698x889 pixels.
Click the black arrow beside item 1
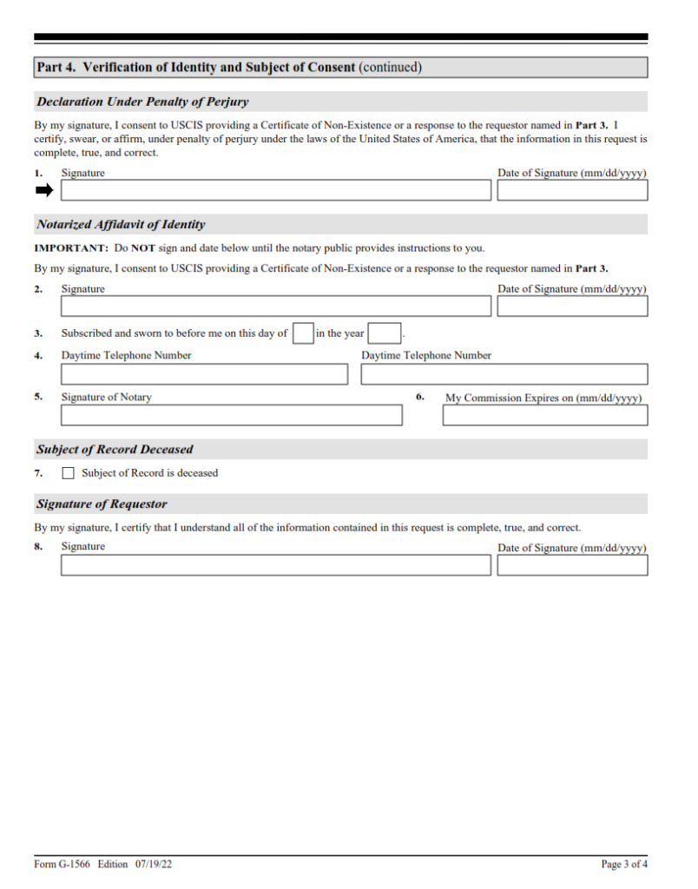coord(43,190)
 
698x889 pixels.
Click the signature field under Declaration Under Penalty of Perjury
coord(275,190)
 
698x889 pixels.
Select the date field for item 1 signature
coord(572,190)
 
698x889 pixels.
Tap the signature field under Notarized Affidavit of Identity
coord(275,306)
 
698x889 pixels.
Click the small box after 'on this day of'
coord(303,333)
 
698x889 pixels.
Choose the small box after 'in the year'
coord(384,333)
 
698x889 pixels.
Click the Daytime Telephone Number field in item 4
coord(204,374)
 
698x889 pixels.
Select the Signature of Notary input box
coord(231,415)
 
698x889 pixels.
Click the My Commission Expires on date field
coord(544,415)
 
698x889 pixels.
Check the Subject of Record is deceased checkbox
coord(69,473)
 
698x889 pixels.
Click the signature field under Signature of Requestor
coord(275,565)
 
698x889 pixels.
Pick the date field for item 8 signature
coord(572,565)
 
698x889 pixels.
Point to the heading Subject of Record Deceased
coord(115,450)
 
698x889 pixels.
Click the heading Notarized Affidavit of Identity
coord(121,225)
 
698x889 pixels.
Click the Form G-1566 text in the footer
coord(63,865)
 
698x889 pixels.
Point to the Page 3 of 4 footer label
coord(624,865)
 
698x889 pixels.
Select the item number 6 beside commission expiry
coord(420,397)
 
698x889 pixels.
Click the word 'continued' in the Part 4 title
coord(390,67)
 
